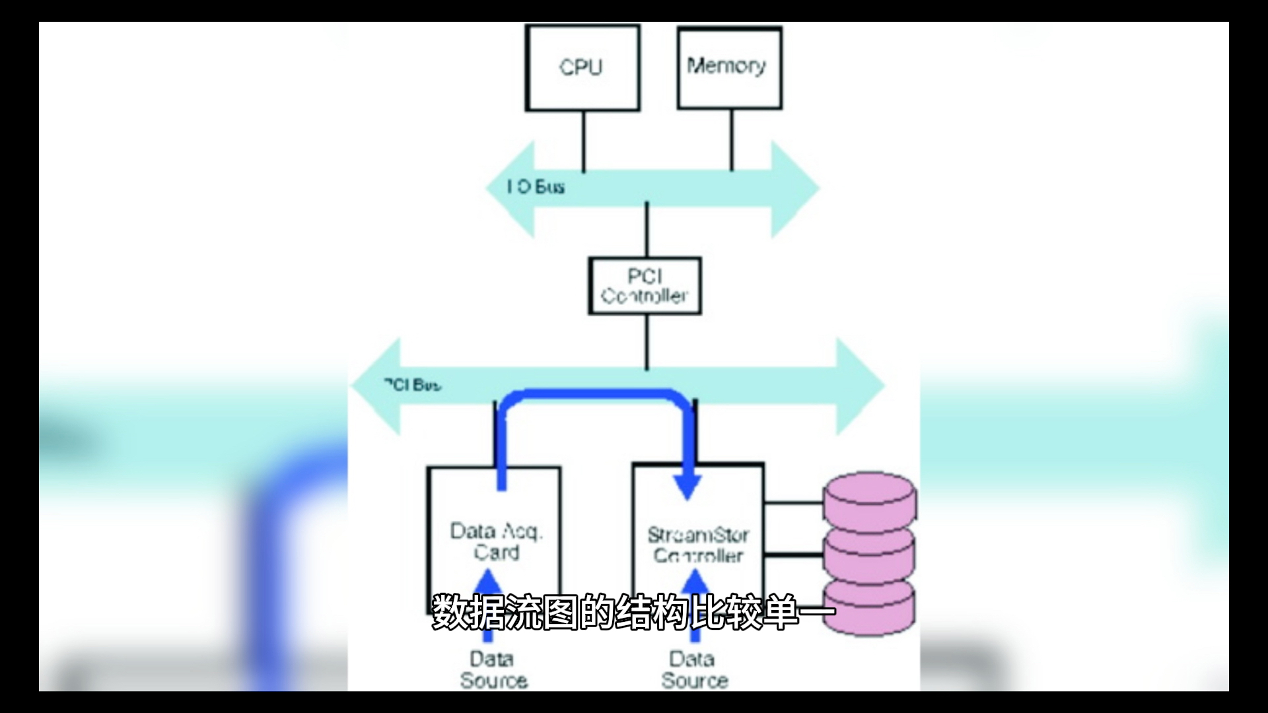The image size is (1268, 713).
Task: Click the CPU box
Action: pos(582,67)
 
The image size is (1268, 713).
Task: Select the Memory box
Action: pos(729,67)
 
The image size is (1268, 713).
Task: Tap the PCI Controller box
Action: pos(645,286)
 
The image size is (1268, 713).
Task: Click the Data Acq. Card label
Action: pos(496,541)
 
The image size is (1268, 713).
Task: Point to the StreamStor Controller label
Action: pos(698,545)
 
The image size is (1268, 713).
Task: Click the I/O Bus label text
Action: pos(536,187)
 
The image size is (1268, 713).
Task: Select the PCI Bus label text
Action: pos(413,385)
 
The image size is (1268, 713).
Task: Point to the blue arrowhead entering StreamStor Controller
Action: pos(687,485)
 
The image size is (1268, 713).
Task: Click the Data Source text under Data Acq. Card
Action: pos(493,669)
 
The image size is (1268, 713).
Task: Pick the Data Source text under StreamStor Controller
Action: pos(694,669)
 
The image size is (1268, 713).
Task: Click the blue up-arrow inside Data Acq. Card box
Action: pos(489,584)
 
